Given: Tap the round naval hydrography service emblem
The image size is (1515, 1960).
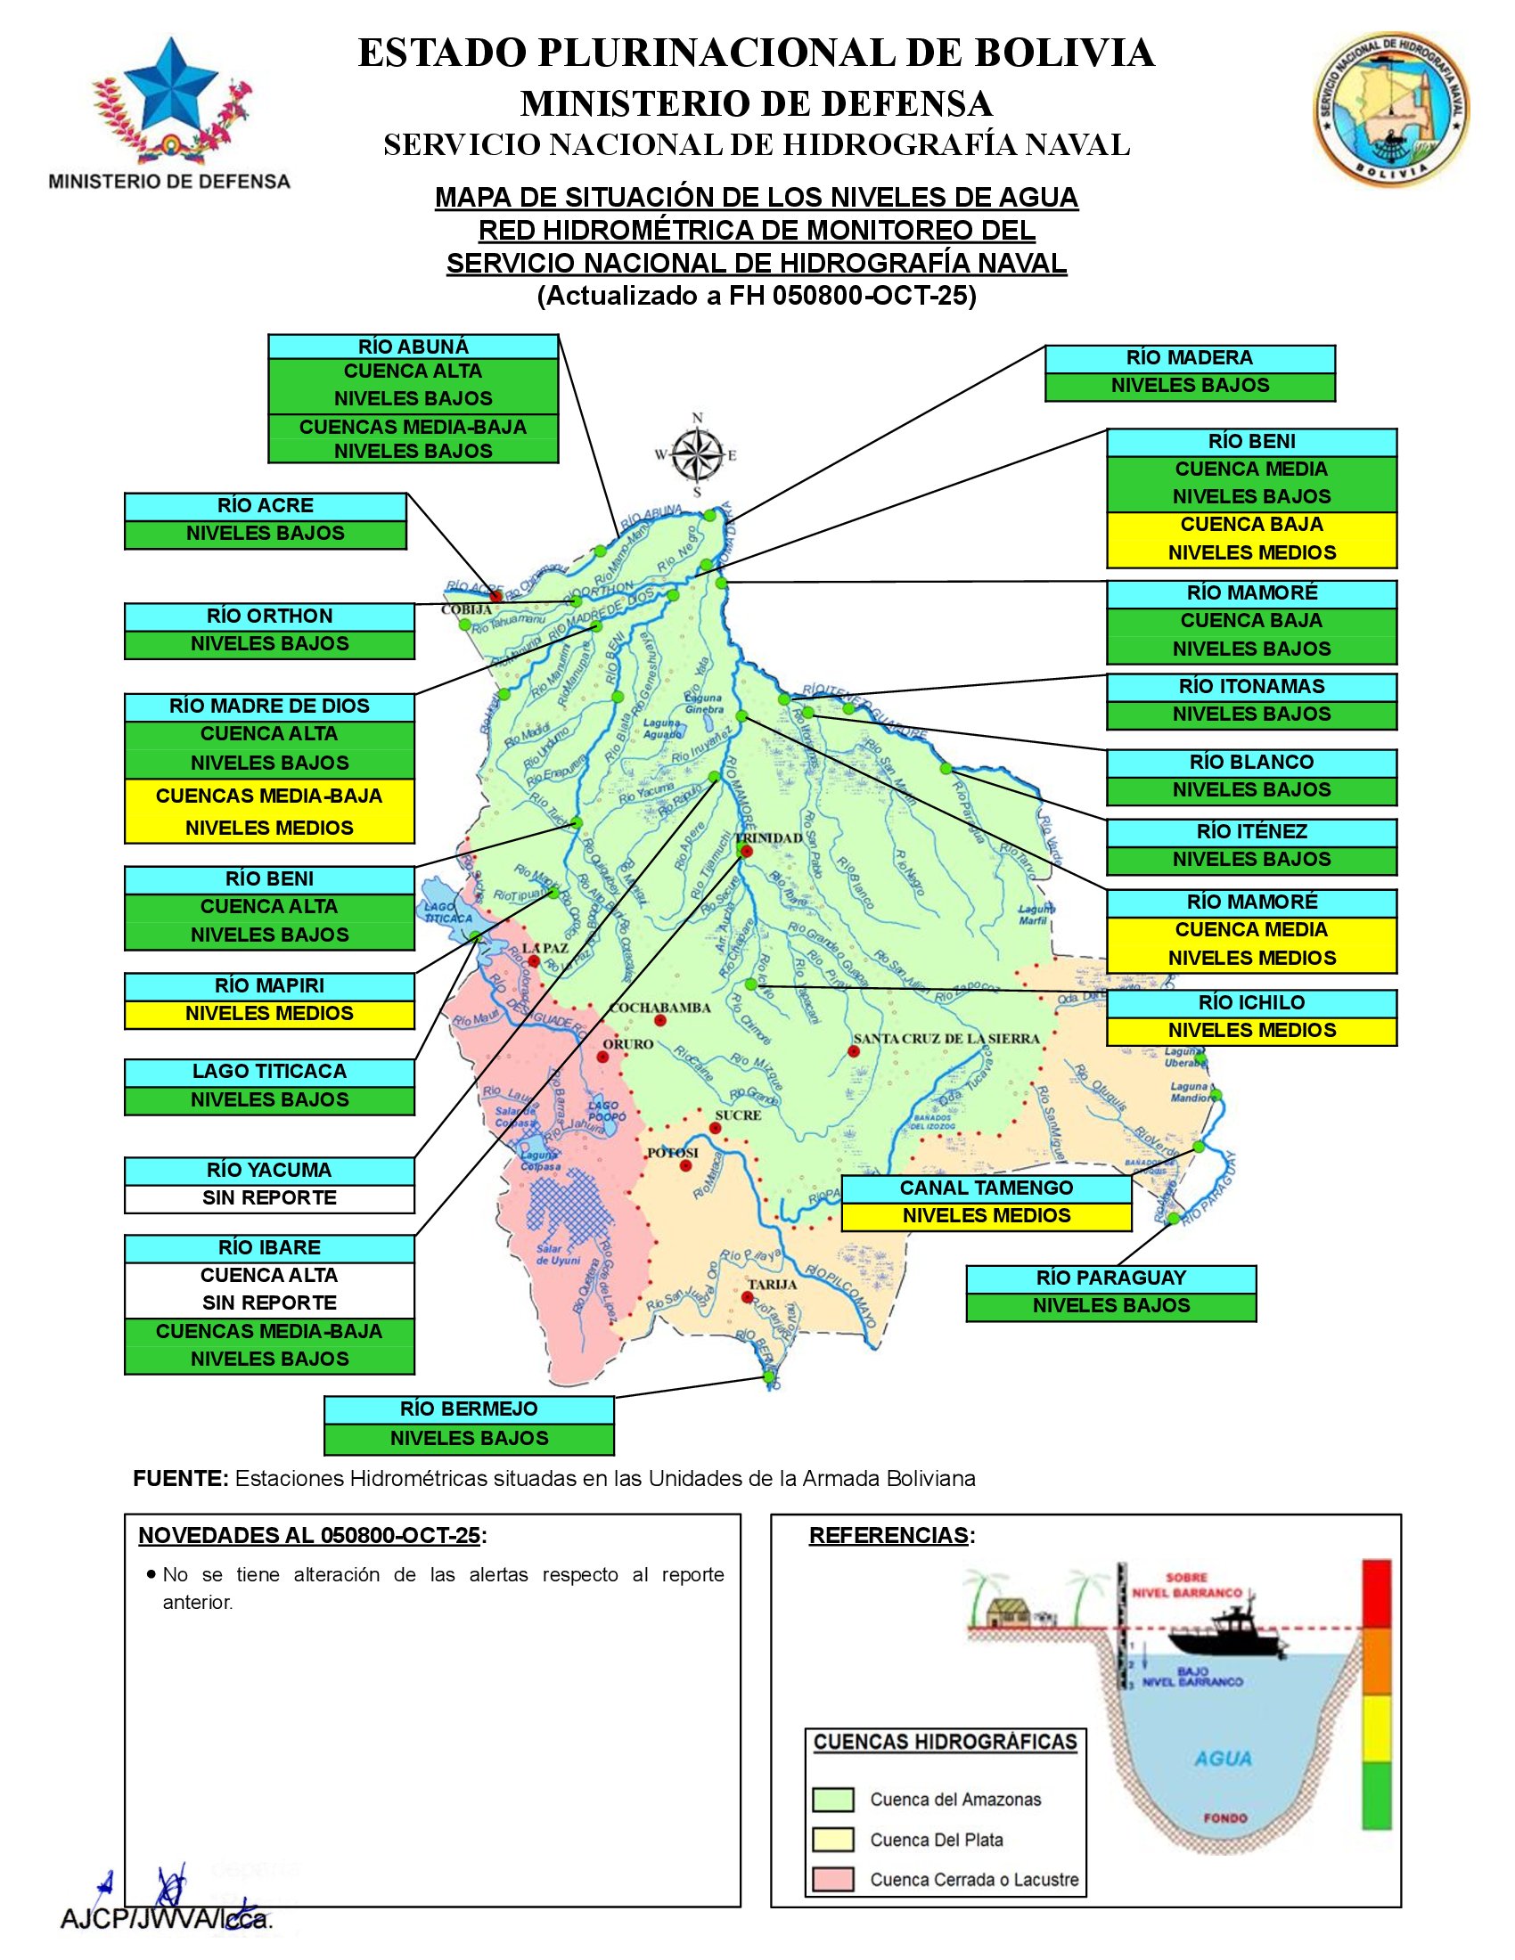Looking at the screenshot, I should coord(1391,106).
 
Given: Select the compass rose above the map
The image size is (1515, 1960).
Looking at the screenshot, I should coord(697,454).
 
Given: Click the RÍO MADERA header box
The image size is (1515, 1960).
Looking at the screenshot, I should coord(1189,358).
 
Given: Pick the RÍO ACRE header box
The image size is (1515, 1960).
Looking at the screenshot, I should coord(265,506).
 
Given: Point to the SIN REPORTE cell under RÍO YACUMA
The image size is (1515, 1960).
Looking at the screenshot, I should coord(269,1198).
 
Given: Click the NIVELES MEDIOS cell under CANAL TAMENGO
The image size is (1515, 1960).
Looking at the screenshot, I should coord(986,1216).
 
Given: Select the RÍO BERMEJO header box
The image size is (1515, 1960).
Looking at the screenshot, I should coord(469,1409).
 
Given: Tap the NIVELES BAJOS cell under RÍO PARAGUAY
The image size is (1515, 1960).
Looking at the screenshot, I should coord(1110,1306).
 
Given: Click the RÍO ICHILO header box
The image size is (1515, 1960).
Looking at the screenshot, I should coord(1251,1002).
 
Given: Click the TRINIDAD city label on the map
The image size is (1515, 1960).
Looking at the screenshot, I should coord(774,838).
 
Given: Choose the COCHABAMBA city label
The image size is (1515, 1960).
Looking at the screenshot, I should coord(659,1008).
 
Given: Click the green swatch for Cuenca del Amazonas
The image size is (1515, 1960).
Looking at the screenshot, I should coord(832,1800).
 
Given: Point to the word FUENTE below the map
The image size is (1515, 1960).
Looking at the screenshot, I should coord(180,1479).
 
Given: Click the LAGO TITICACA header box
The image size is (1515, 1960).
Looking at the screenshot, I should coord(269,1073).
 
